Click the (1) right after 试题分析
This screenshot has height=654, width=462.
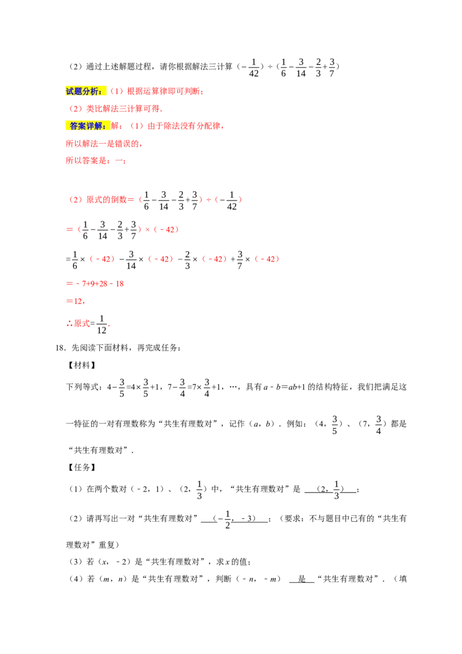(117, 91)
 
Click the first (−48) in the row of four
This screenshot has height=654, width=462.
(102, 259)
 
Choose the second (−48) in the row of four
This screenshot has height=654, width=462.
(161, 259)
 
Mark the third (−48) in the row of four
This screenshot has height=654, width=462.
(213, 259)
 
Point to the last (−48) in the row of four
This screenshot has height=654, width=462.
(267, 259)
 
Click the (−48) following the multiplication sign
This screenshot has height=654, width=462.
(166, 229)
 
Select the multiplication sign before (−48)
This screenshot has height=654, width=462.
(147, 229)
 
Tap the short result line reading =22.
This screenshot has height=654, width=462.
(75, 301)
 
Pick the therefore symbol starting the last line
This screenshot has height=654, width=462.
(68, 325)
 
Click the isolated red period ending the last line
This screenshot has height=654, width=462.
(109, 326)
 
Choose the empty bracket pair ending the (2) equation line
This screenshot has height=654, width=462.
(229, 199)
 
